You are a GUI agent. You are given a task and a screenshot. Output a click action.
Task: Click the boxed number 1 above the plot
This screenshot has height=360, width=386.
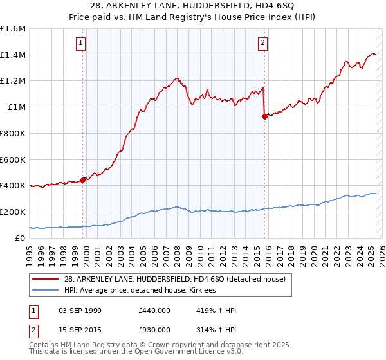point(81,43)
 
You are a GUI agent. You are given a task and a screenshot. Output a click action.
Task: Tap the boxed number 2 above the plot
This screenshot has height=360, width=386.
point(263,43)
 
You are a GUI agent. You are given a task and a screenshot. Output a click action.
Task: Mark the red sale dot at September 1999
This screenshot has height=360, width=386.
point(82,180)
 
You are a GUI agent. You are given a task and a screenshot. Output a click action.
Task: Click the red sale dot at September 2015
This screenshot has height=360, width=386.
point(264,116)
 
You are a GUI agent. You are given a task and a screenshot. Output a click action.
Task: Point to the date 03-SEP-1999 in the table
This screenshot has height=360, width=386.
point(80,310)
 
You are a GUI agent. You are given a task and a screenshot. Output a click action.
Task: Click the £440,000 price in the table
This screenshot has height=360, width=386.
point(154,310)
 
